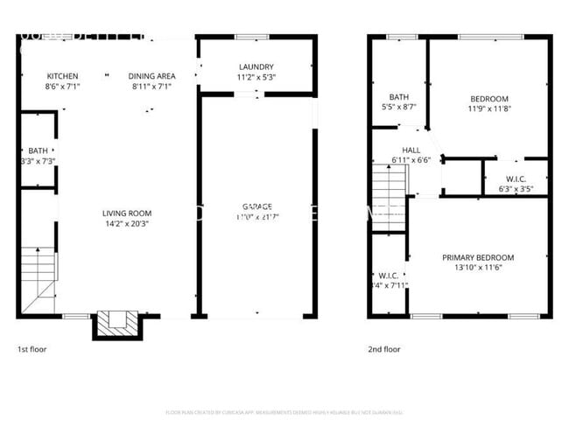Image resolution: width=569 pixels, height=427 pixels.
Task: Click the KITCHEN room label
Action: tap(62, 76)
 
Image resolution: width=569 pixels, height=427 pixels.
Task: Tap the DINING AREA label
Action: tap(152, 76)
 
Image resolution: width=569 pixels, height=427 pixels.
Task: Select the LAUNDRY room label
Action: tap(256, 66)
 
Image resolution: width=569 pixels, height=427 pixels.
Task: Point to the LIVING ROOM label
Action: tap(127, 213)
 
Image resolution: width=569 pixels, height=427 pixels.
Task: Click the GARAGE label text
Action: tap(256, 206)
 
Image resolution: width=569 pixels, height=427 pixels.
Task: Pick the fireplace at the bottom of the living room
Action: tap(116, 324)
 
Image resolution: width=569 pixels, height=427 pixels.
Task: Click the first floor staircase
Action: tap(36, 275)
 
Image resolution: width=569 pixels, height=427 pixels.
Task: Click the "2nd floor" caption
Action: tap(384, 349)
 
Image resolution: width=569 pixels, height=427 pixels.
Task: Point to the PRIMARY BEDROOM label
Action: tap(477, 257)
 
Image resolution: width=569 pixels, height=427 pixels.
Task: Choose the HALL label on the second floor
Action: tap(411, 150)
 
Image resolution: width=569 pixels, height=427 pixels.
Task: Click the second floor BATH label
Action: tap(399, 97)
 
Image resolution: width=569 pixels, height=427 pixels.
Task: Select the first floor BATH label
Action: tap(38, 150)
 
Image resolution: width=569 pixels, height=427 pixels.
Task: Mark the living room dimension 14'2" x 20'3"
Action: tap(127, 223)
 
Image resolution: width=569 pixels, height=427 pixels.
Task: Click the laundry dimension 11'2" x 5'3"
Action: tap(256, 77)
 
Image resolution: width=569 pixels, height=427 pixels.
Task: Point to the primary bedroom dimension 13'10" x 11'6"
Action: tap(477, 268)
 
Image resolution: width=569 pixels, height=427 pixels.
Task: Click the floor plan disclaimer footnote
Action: tap(284, 412)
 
